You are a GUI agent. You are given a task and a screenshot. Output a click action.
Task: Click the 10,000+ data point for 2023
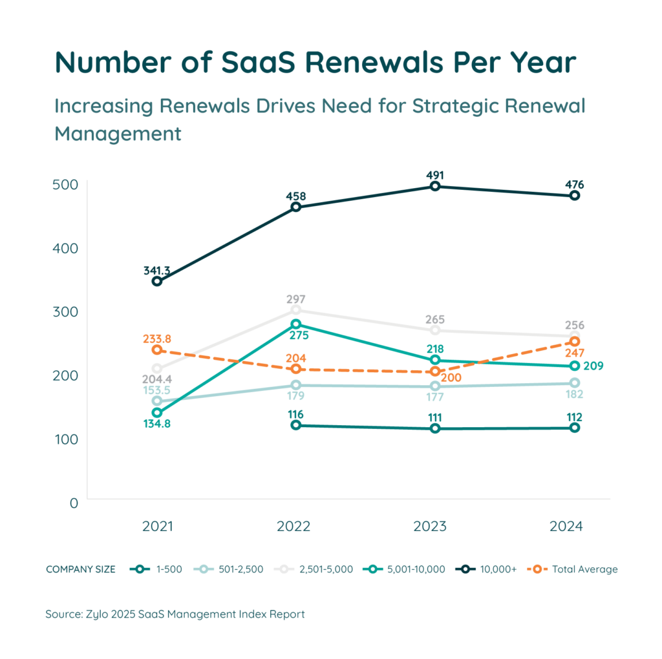[435, 186]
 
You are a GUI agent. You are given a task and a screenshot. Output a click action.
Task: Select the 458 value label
[295, 196]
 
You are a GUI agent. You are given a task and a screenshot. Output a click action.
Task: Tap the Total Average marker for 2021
[156, 350]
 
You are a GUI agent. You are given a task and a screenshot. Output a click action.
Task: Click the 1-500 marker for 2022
[296, 425]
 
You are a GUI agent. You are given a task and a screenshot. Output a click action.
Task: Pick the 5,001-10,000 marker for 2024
[574, 366]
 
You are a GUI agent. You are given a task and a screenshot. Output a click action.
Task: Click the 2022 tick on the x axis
[293, 527]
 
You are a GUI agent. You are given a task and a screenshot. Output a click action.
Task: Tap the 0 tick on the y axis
[73, 502]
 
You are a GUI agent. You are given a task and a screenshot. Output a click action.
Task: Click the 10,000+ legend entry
[488, 569]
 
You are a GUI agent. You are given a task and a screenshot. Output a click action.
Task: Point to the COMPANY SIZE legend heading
[81, 569]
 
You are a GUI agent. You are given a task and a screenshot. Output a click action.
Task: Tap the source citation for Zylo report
[175, 614]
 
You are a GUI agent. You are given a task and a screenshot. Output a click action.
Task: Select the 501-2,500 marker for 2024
[574, 383]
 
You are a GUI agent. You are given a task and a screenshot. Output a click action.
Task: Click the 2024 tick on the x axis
[566, 527]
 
